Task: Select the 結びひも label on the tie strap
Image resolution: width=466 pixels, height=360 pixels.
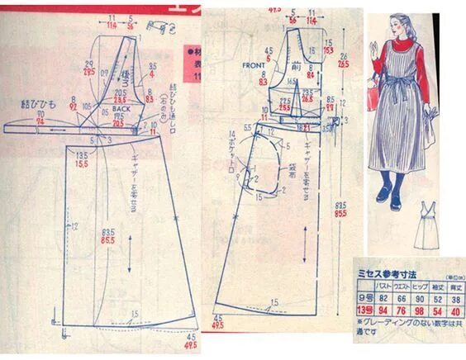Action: (x=37, y=107)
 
